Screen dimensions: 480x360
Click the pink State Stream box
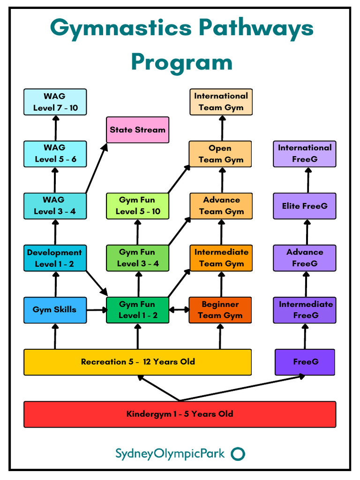pos(137,130)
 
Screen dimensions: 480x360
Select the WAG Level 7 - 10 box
pos(55,102)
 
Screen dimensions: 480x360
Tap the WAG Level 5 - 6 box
pos(55,154)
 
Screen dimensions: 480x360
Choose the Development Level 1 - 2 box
pos(55,258)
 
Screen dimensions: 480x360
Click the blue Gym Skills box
pos(55,310)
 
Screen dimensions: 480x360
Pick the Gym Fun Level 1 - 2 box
pos(137,310)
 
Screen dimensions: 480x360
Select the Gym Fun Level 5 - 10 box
pos(137,206)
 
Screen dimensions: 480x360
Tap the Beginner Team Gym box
pos(220,310)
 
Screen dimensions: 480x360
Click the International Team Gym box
pos(221,102)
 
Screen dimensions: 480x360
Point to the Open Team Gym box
pos(220,154)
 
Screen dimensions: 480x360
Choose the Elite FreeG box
pos(305,206)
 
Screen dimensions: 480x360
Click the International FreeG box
pos(305,154)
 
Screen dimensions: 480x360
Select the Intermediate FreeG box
pos(305,310)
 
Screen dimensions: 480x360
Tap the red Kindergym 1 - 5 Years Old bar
pos(180,414)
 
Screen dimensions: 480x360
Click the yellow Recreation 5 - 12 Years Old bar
pos(137,362)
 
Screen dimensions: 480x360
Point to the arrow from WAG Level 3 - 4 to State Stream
pos(96,169)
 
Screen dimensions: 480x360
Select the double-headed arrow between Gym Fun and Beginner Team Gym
pos(179,310)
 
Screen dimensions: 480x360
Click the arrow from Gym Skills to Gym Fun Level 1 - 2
pos(96,310)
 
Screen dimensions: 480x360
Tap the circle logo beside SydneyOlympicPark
pos(239,454)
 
